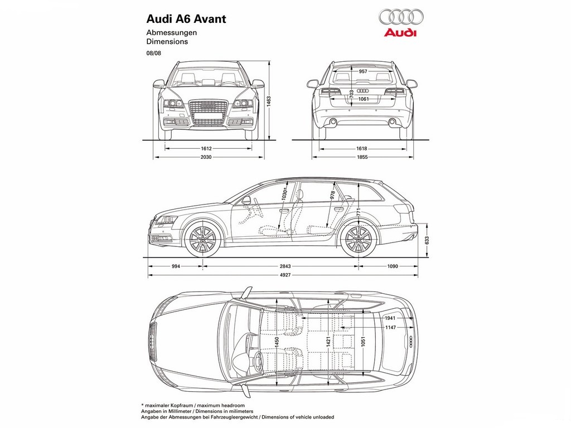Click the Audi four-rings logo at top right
401,17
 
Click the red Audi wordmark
400,33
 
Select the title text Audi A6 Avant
186,19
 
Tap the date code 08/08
154,53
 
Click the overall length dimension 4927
285,275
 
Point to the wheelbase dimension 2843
285,266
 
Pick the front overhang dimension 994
176,266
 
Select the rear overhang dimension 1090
392,266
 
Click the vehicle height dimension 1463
269,101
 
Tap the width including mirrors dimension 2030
206,157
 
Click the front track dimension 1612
206,148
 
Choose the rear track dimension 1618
361,148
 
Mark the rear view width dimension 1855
362,157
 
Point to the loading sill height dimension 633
427,241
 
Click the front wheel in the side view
202,240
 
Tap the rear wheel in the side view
359,240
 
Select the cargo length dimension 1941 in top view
390,318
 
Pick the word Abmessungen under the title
172,33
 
